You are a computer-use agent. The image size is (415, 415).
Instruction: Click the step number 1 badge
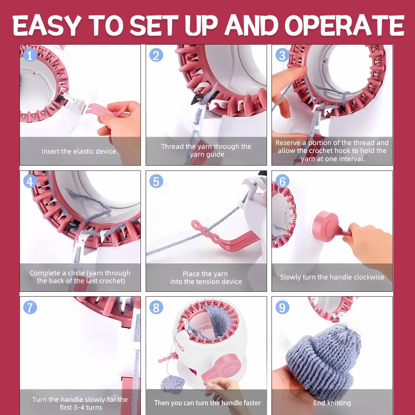[30, 55]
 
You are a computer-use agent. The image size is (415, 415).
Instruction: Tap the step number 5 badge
[156, 182]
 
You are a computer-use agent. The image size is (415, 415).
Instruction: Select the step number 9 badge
[282, 308]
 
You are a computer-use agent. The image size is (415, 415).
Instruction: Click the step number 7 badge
[30, 308]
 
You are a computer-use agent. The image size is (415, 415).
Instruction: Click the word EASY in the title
[46, 25]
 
